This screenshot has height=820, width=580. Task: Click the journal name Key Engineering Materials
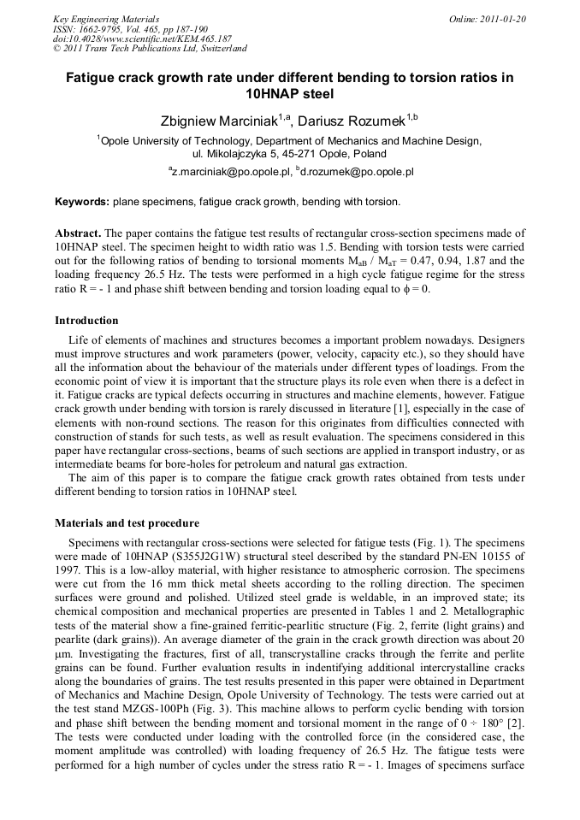point(106,19)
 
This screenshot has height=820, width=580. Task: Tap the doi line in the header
point(142,39)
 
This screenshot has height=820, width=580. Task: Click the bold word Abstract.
point(78,233)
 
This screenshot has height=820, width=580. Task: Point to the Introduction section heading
point(86,321)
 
